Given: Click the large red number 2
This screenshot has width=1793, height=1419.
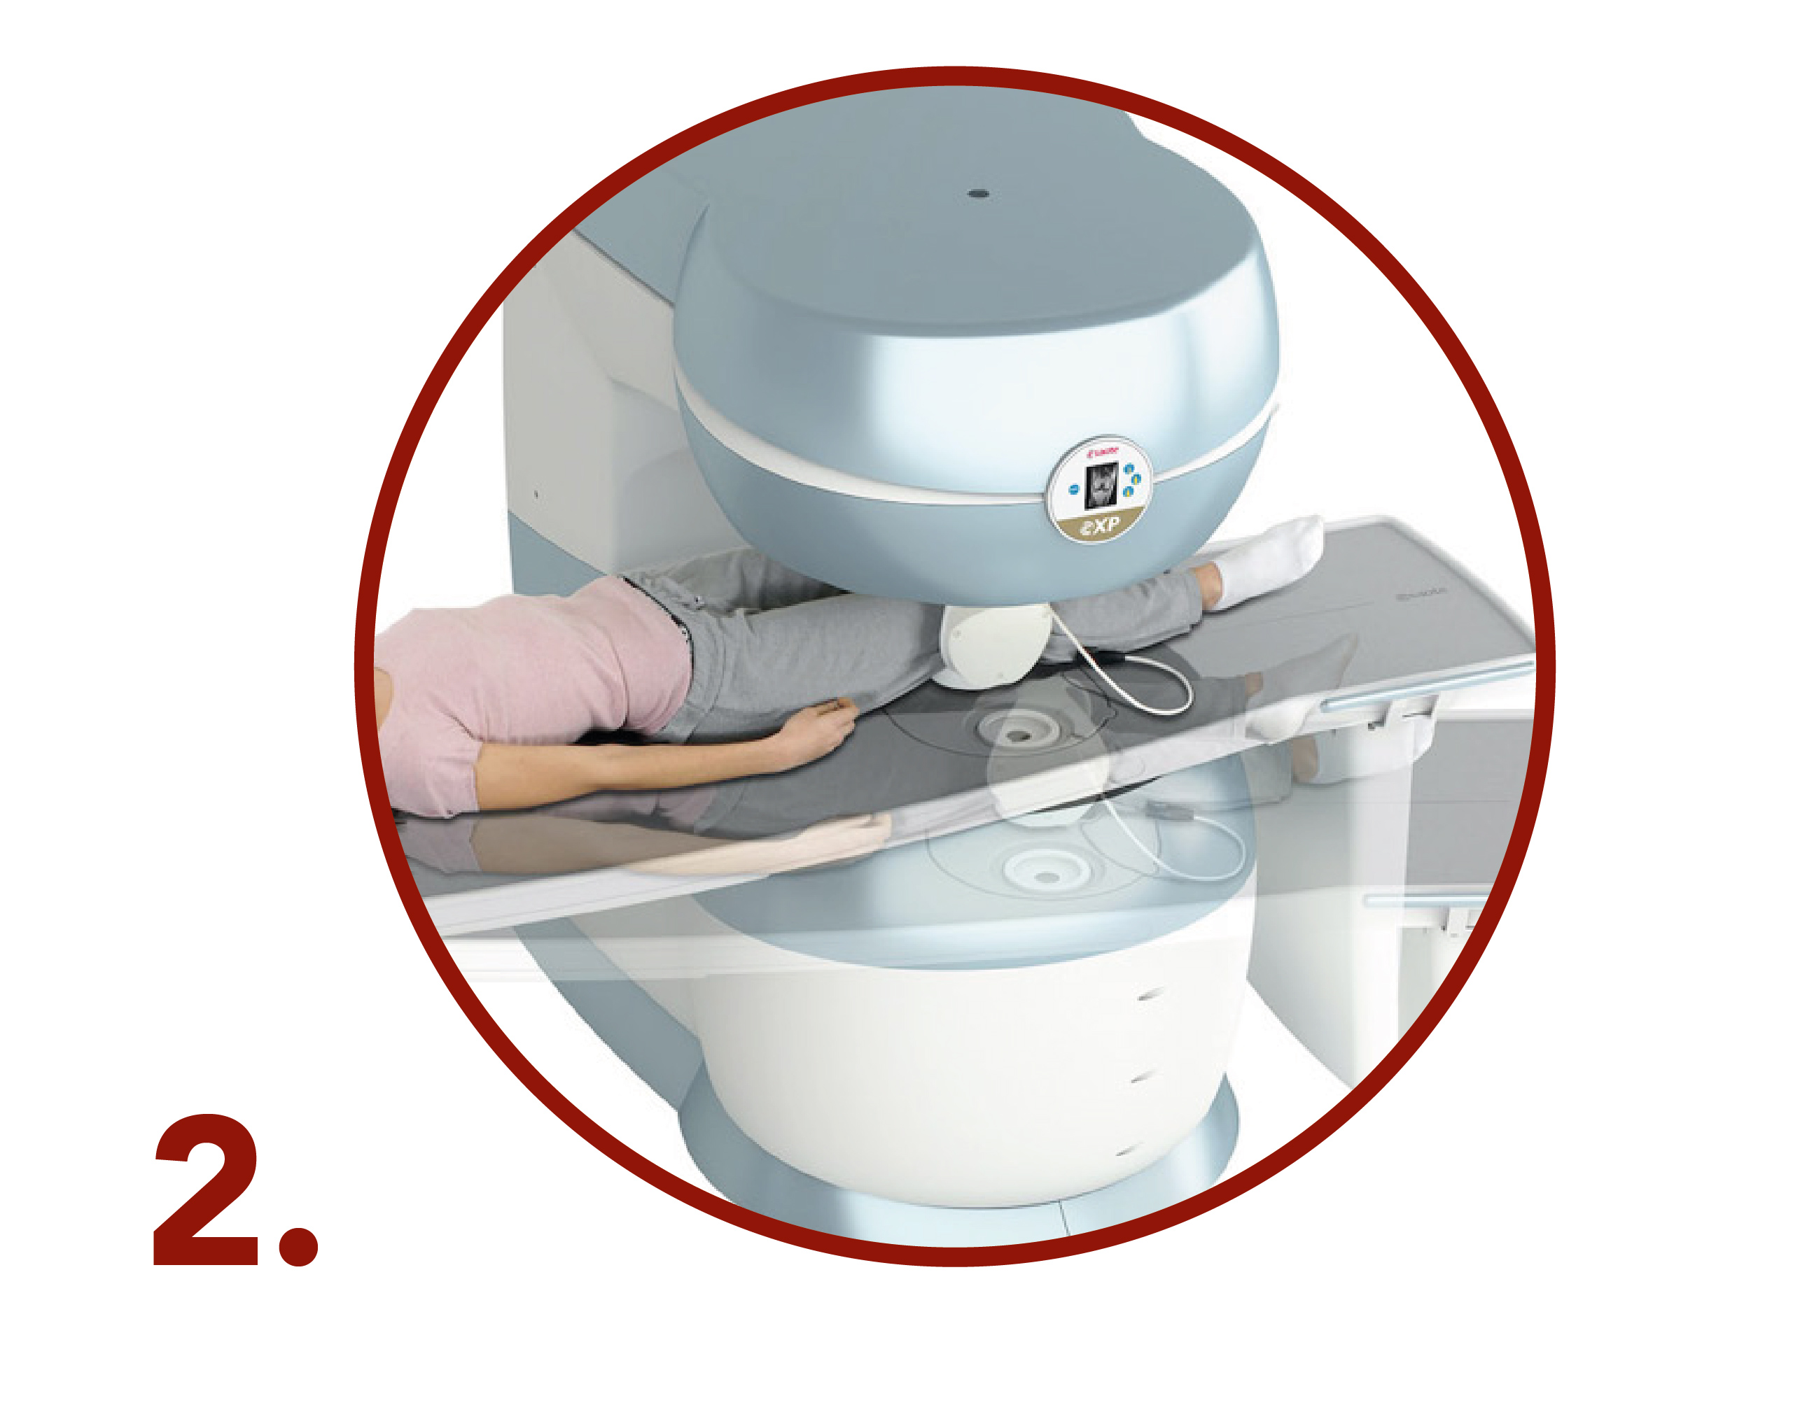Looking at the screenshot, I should [x=206, y=1189].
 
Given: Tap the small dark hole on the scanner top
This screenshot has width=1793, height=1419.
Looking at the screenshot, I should [x=978, y=195].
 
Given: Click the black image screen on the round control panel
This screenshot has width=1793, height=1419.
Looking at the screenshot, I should [x=1101, y=486].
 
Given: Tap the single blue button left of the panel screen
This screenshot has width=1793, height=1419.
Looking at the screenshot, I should [x=1073, y=489].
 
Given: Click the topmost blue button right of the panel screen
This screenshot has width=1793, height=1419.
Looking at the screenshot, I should [x=1128, y=470].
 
